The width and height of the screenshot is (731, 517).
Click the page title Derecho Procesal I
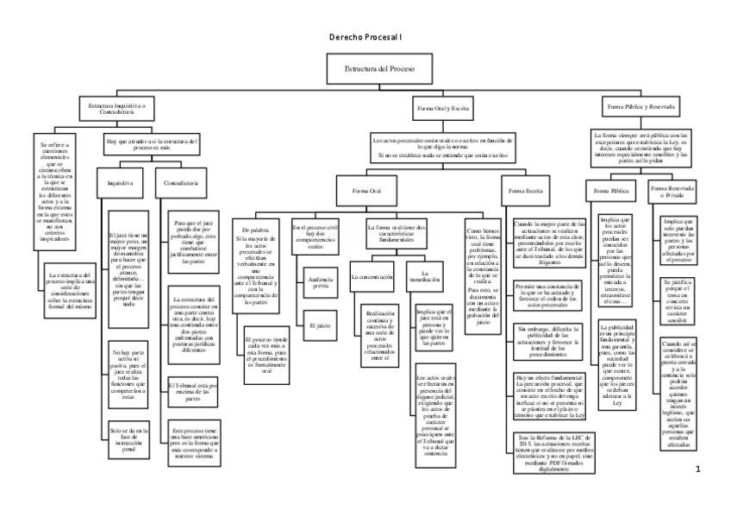[x=365, y=39]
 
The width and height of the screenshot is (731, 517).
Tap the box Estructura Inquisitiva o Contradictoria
[x=118, y=108]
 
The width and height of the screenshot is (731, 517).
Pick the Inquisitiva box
[x=119, y=184]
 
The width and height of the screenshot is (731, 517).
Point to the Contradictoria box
[x=181, y=184]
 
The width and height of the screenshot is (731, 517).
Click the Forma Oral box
[x=366, y=190]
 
